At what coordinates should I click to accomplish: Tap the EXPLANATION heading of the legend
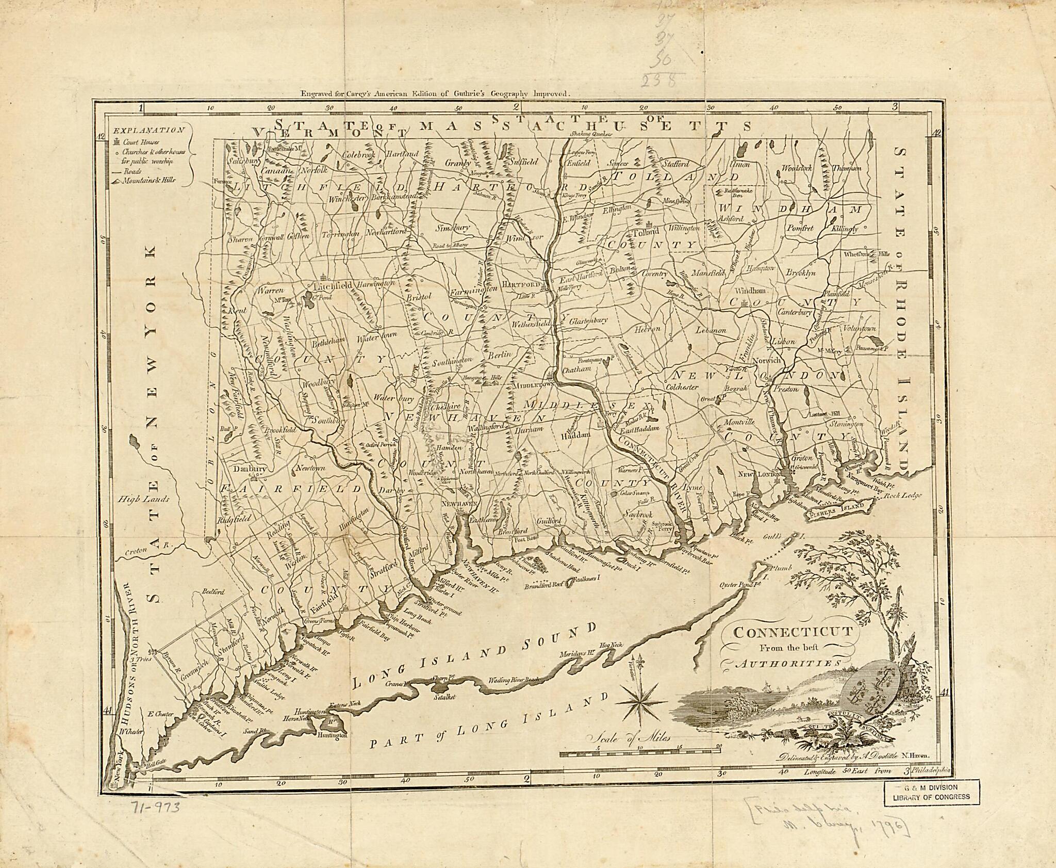pos(149,131)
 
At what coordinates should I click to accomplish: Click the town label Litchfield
pos(333,285)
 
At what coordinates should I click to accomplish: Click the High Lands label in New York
pos(138,499)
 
